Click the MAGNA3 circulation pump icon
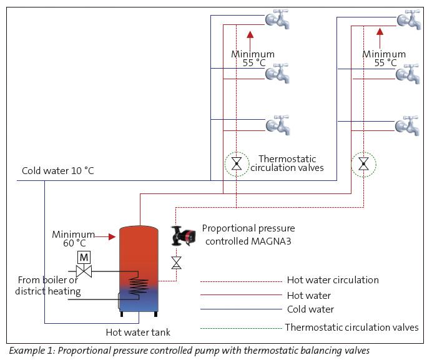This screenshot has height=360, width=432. pyautogui.click(x=183, y=236)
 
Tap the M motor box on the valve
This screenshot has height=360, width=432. pyautogui.click(x=84, y=257)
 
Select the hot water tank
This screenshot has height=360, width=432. pyautogui.click(x=139, y=271)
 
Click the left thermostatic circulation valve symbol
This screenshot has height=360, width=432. pyautogui.click(x=237, y=163)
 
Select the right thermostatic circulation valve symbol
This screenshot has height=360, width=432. pyautogui.click(x=364, y=163)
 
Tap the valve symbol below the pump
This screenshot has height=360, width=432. pyautogui.click(x=176, y=263)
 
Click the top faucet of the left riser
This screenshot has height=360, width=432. pyautogui.click(x=278, y=19)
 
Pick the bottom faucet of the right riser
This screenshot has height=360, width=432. pyautogui.click(x=408, y=125)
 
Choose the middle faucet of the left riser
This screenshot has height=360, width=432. pyautogui.click(x=278, y=73)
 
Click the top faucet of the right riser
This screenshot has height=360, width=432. pyautogui.click(x=409, y=19)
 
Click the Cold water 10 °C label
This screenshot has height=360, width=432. pyautogui.click(x=58, y=171)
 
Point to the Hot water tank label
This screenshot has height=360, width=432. pyautogui.click(x=138, y=332)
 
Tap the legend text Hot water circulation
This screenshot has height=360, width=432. pyautogui.click(x=333, y=280)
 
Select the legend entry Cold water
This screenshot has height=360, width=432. pyautogui.click(x=310, y=309)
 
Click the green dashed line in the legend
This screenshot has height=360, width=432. pyautogui.click(x=242, y=328)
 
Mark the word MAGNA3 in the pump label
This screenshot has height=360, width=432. pyautogui.click(x=271, y=241)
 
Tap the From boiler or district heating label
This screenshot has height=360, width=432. pyautogui.click(x=48, y=285)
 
